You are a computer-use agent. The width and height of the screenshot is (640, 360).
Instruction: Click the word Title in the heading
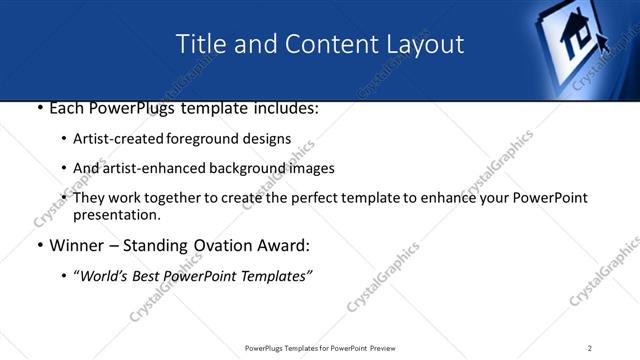[200, 45]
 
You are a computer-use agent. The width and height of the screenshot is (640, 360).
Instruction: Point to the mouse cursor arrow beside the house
[604, 42]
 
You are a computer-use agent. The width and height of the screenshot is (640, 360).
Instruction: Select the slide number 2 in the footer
[590, 348]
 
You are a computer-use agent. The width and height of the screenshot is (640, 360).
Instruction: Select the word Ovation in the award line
[225, 245]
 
